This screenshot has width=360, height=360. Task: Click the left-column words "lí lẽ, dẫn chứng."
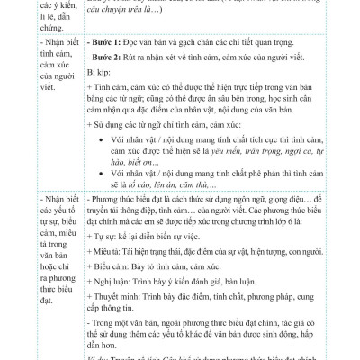point(27,22)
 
